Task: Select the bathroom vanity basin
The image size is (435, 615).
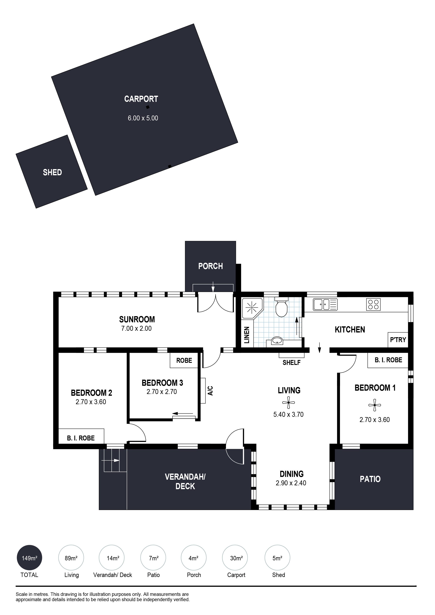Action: pos(277,341)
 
